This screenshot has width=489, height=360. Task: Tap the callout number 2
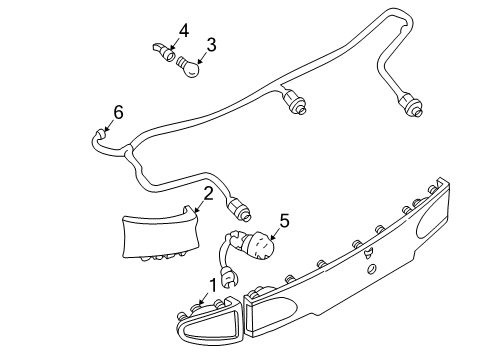(207, 193)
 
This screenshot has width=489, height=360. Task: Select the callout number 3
(211, 44)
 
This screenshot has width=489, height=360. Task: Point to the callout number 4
(183, 29)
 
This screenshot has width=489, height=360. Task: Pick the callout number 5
(283, 221)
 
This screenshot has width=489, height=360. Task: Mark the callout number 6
(118, 112)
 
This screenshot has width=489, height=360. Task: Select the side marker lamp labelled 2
(161, 235)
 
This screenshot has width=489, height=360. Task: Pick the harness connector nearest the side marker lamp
(240, 209)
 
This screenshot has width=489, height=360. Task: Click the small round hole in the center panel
(371, 269)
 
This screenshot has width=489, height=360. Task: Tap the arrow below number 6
(107, 129)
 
